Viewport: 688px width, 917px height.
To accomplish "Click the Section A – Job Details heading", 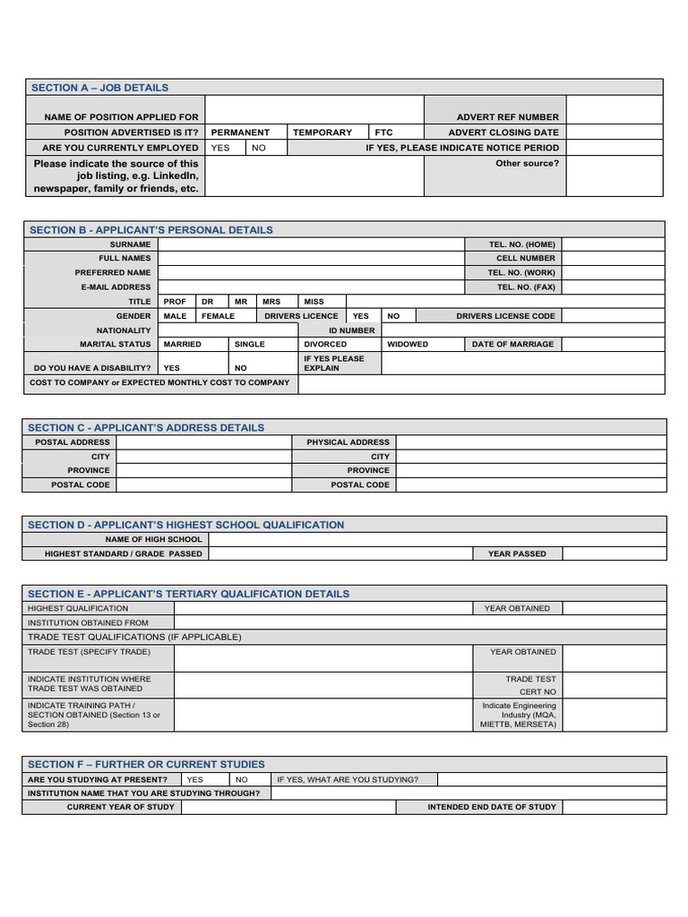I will pos(99,88).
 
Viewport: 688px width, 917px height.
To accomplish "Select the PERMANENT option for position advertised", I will pos(240,133).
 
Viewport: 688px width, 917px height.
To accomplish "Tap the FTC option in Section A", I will pos(384,133).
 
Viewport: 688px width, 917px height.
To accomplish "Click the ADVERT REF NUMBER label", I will pos(507,117).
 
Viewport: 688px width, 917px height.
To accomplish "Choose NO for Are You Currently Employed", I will pos(259,148).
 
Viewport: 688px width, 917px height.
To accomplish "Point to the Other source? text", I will pos(527,164).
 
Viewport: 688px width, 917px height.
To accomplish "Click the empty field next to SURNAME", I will pos(310,244).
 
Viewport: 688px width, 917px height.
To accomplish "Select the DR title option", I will pos(208,302).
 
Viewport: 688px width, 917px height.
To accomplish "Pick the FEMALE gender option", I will pos(218,316).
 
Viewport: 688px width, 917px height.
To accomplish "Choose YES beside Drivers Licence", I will pos(360,316).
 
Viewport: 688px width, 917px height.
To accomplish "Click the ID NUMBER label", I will pos(351,330).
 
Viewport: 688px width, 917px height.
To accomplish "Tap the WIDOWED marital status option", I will pos(408,345).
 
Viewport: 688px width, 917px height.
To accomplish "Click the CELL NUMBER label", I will pos(526,259).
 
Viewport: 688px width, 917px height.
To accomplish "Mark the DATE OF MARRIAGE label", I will pos(512,345).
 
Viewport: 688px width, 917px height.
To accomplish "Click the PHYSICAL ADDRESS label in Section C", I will pos(348,442).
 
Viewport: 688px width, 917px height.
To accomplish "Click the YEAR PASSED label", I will pos(517,554).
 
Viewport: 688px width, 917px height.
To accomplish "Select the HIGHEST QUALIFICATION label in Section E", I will pos(78,608).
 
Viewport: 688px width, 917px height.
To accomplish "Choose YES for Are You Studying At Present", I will pos(194,779).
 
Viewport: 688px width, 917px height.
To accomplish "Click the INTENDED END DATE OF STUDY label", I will pos(492,807).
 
